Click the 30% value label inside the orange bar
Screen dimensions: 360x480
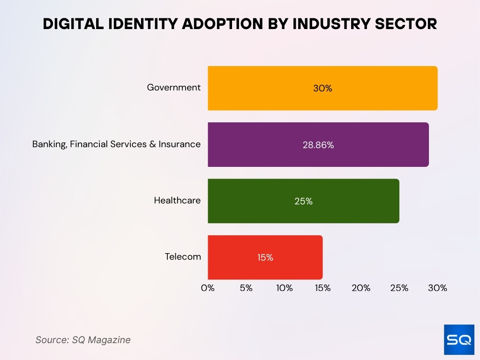(322, 88)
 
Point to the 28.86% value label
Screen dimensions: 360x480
(318, 145)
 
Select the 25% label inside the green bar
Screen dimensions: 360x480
(303, 201)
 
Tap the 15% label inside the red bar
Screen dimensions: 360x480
(265, 257)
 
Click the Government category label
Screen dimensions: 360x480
(173, 88)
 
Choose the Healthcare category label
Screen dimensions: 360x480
(177, 201)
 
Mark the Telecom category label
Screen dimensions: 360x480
(183, 257)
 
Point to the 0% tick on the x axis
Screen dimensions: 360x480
(208, 288)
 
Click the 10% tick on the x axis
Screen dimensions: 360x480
(285, 288)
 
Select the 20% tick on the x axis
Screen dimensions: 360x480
(361, 288)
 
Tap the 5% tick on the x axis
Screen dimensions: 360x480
(246, 288)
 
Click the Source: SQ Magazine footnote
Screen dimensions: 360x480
(83, 340)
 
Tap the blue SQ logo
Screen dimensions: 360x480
(459, 339)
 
